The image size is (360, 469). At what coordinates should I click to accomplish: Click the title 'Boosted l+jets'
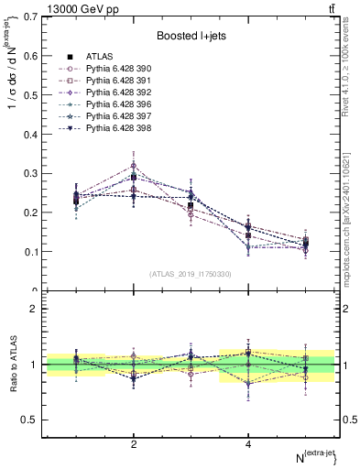pyautogui.click(x=191, y=36)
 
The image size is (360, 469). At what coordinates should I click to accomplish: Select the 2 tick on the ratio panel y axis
pyautogui.click(x=33, y=309)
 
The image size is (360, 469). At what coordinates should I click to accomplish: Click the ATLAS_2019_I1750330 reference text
pyautogui.click(x=191, y=274)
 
